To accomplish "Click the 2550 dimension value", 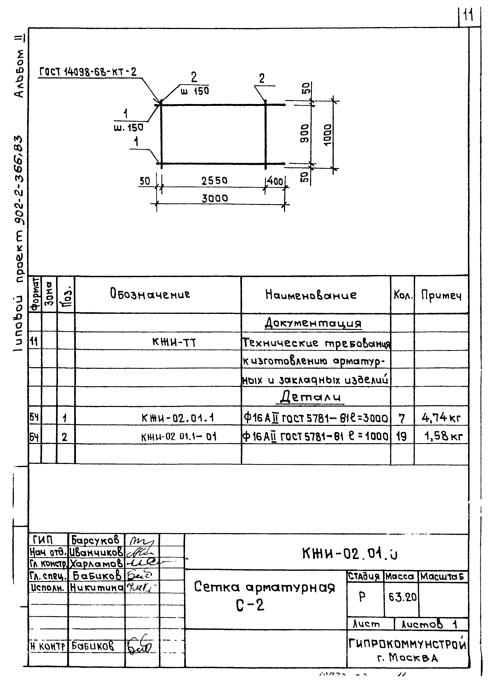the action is (x=214, y=181).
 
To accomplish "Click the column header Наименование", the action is (x=311, y=295).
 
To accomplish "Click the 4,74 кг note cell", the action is (x=441, y=418).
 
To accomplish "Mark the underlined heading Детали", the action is (x=310, y=397).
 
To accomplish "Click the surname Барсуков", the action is (x=96, y=540).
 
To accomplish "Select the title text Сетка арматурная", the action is (x=264, y=587).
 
